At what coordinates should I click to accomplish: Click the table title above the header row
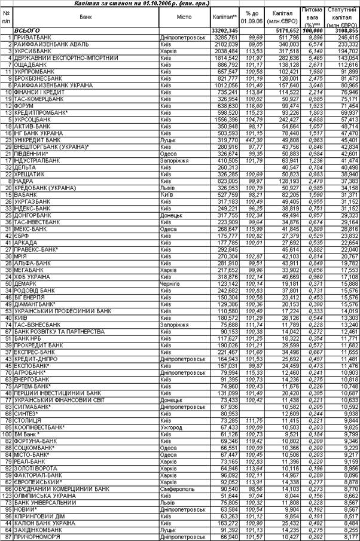(x=180, y=4)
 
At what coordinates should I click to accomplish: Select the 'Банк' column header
(x=86, y=17)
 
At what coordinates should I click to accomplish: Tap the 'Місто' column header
(x=184, y=17)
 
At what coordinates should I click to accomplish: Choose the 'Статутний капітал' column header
(x=341, y=17)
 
